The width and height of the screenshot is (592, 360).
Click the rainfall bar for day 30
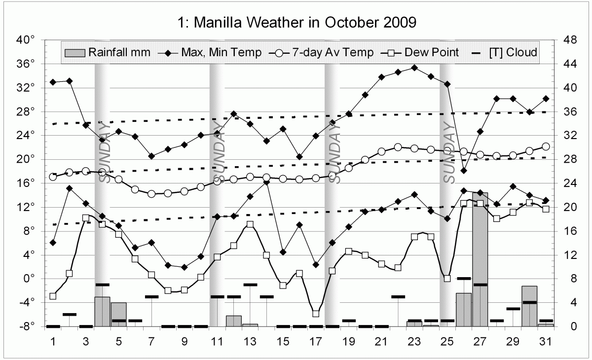click(529, 306)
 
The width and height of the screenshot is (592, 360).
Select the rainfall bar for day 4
click(102, 311)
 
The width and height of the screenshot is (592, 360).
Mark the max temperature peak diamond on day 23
click(414, 68)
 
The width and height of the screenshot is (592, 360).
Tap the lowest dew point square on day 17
click(316, 314)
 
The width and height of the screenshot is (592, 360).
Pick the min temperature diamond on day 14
click(266, 182)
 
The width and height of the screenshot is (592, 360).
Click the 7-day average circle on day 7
click(151, 194)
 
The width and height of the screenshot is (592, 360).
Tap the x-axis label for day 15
click(283, 341)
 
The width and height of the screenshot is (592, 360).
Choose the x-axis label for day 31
click(546, 341)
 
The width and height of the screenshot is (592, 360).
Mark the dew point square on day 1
click(53, 296)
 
